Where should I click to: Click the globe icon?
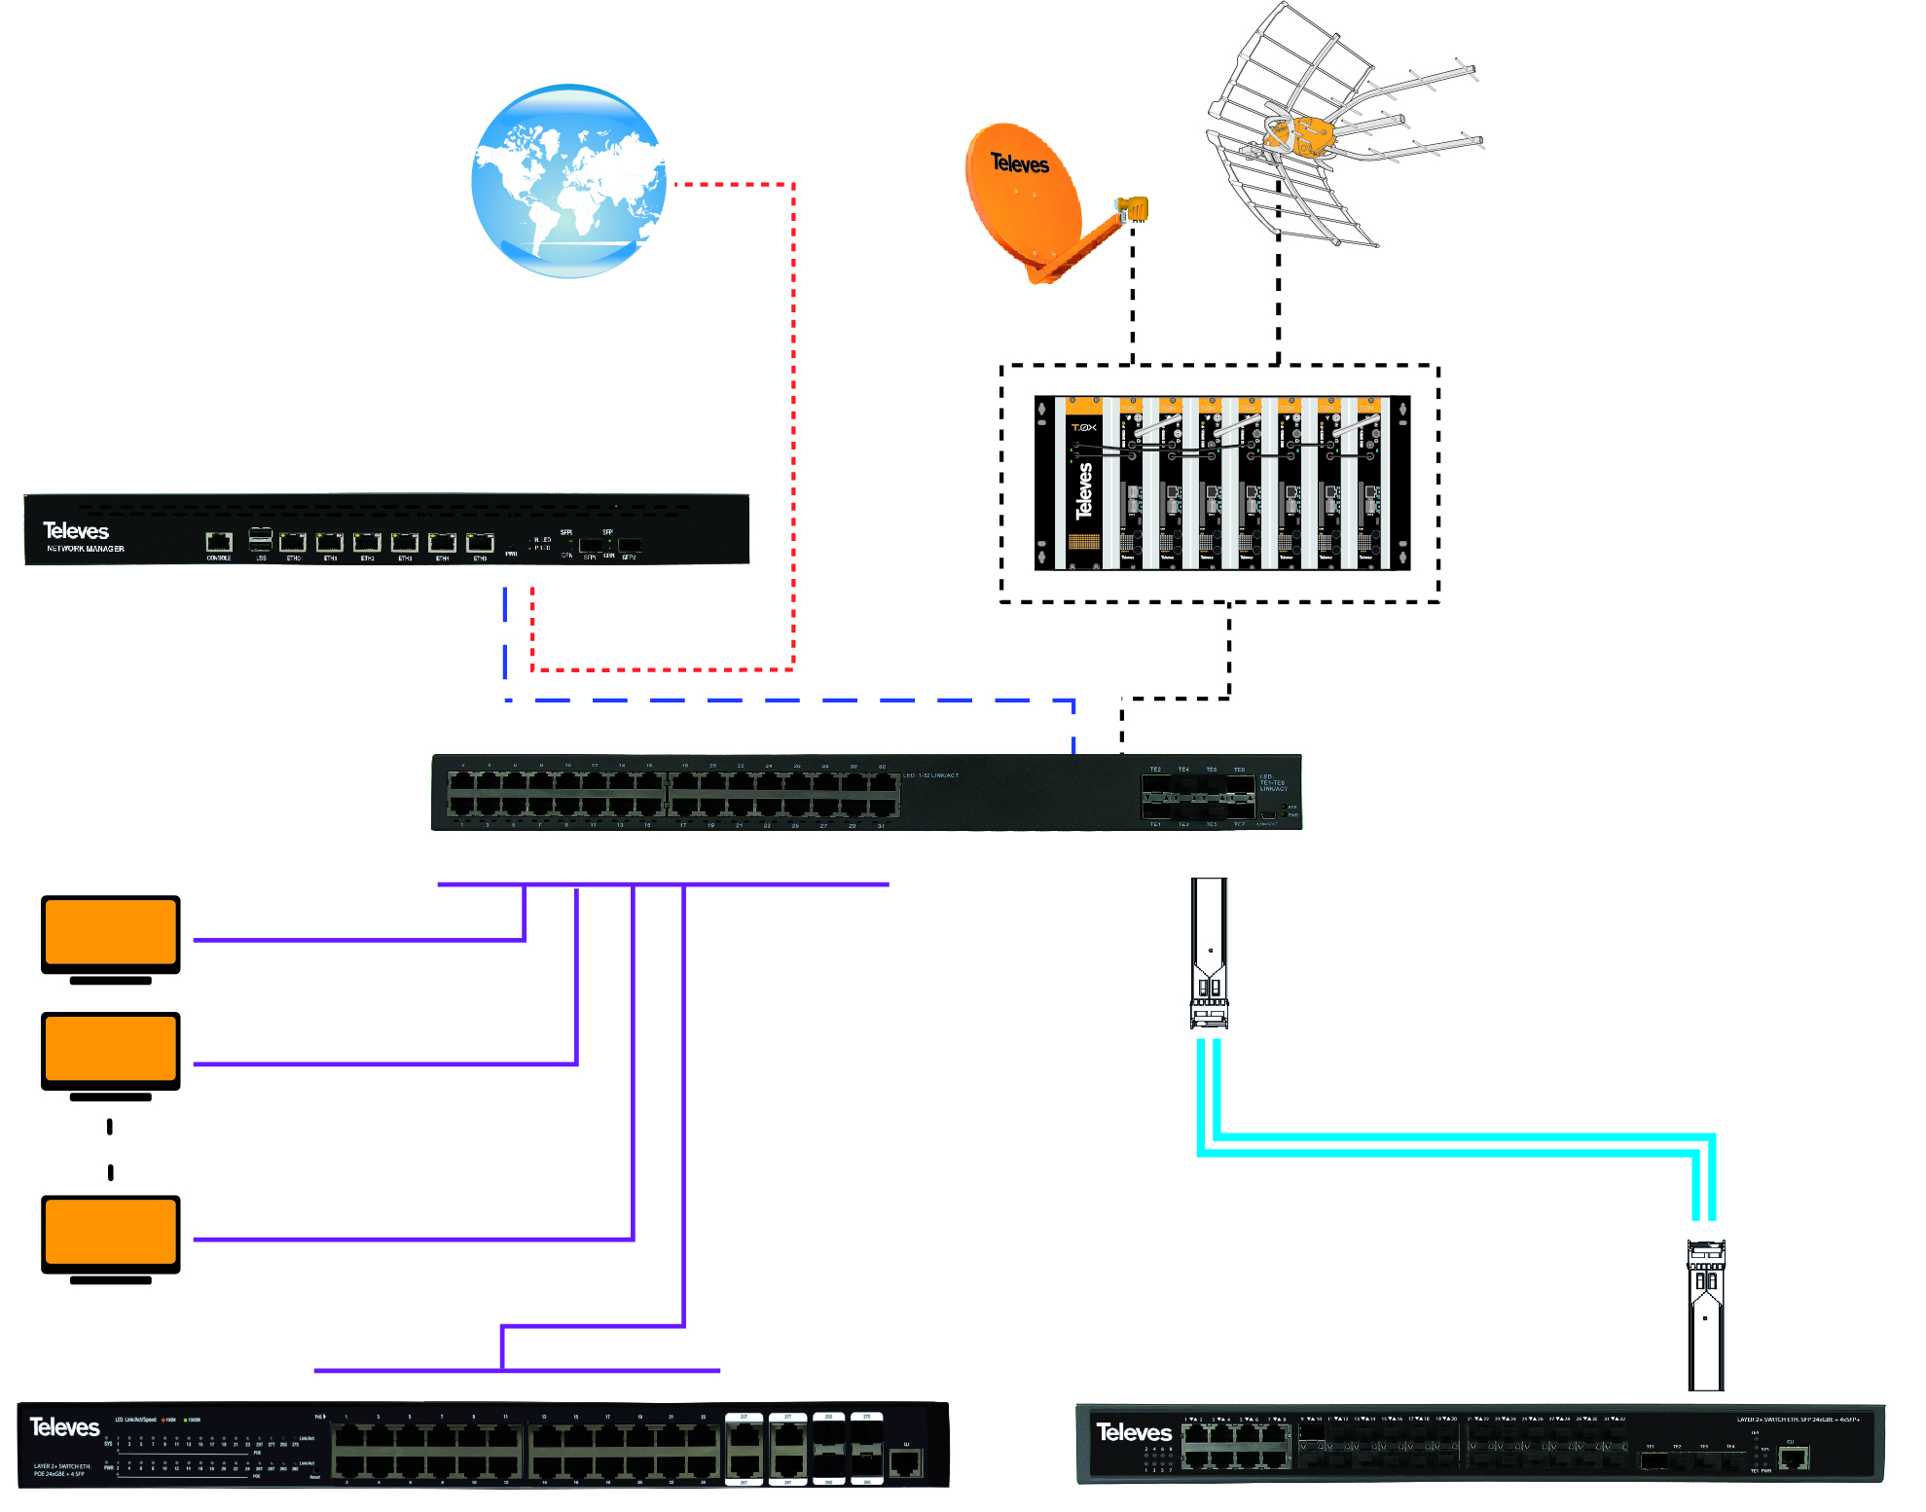[568, 181]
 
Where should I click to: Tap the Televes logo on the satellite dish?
[1019, 163]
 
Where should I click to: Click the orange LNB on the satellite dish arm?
[1133, 208]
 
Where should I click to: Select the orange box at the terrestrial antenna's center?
[1298, 136]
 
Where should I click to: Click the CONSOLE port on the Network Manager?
[219, 543]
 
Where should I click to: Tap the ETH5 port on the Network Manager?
[480, 543]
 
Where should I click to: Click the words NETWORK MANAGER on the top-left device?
[86, 549]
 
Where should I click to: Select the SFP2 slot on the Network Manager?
[629, 546]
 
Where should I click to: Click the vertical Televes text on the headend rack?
[1084, 490]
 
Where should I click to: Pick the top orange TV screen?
[111, 932]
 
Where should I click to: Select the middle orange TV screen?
[111, 1048]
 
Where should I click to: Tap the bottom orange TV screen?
[111, 1232]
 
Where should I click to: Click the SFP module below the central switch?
[1209, 954]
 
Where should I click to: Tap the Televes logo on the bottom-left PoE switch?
[64, 1427]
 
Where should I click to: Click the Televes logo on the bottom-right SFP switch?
[1134, 1432]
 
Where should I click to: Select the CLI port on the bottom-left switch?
[905, 1461]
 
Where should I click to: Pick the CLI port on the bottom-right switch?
[1792, 1457]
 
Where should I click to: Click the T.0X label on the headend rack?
[1083, 427]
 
